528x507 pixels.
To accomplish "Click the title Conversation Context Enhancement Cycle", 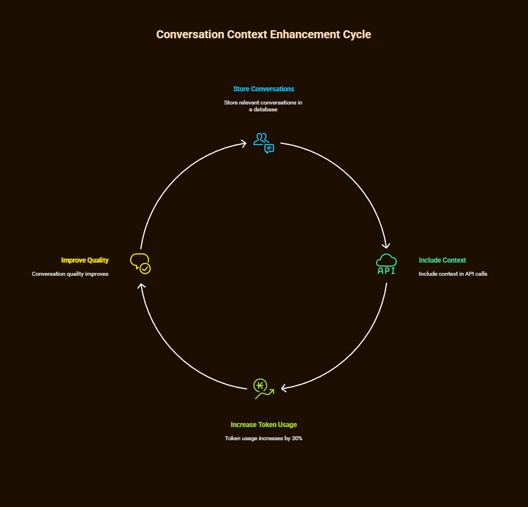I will [264, 34].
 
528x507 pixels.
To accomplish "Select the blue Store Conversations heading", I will [264, 89].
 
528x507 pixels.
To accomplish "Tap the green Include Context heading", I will [442, 260].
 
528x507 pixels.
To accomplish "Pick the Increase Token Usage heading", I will [264, 425].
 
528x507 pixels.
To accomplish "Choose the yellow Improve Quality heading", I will [85, 260].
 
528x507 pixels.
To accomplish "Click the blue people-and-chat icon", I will [264, 143].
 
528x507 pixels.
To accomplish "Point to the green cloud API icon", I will [386, 264].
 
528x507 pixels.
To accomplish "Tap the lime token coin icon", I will [263, 388].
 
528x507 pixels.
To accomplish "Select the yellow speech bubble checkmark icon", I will [140, 264].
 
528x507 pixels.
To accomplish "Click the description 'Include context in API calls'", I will [453, 274].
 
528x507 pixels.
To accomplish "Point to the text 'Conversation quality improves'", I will [70, 274].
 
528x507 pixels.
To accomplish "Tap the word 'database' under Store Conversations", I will [266, 110].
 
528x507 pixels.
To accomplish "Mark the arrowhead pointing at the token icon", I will [284, 389].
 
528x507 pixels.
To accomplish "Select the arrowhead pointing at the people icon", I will [244, 143].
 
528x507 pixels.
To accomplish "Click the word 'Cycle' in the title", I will [357, 34].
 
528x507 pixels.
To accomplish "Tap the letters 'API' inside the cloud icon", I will [386, 271].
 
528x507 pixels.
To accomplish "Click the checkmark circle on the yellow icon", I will [146, 268].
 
